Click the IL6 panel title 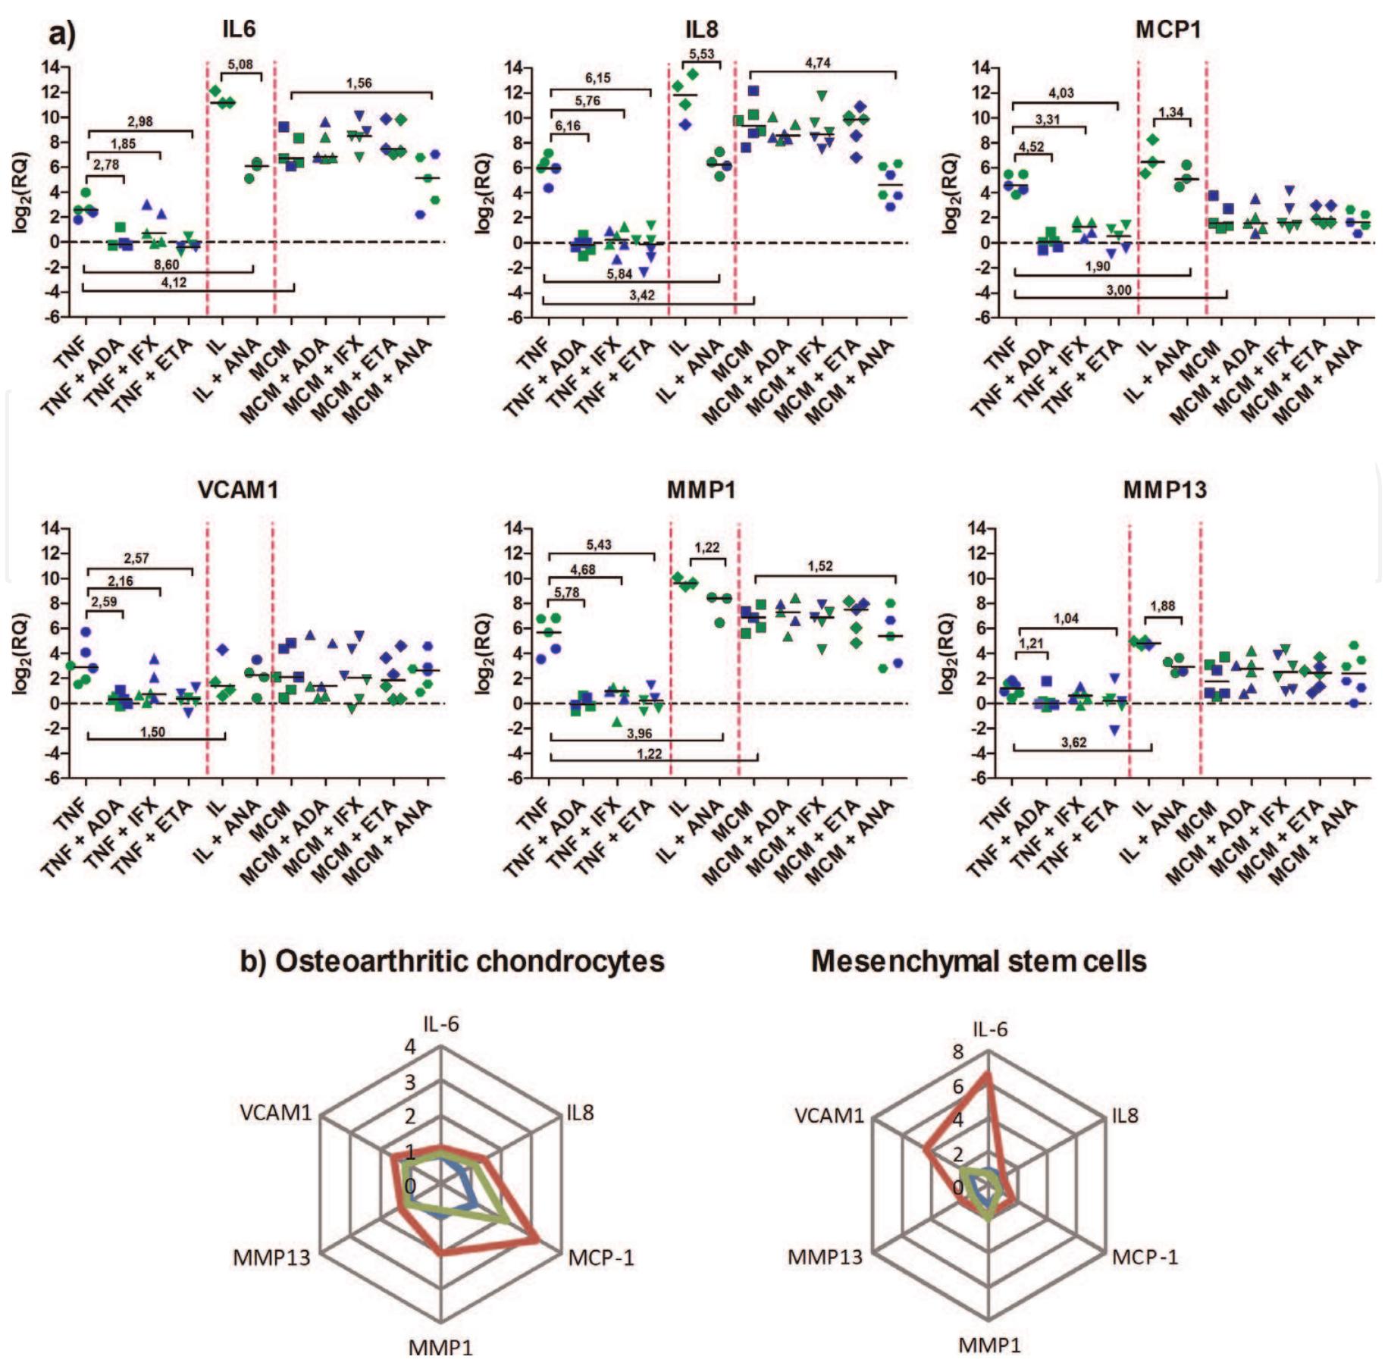tap(239, 29)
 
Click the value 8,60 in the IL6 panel tap(166, 265)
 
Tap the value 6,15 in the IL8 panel tap(597, 78)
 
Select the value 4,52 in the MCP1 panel tap(1032, 147)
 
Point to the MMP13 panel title tap(1164, 490)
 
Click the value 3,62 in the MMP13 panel tap(1073, 742)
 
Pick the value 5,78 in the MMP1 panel tap(566, 592)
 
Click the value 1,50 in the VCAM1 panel tap(152, 732)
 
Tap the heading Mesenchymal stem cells tap(978, 961)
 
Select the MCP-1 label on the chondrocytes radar tap(601, 1258)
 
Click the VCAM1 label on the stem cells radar tap(829, 1115)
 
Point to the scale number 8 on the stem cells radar tap(958, 1051)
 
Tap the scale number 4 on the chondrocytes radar tap(410, 1047)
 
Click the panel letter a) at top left tap(62, 34)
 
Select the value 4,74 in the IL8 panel tap(817, 64)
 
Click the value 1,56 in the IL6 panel tap(359, 83)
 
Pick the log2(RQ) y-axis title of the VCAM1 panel tap(21, 656)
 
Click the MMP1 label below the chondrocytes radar tap(440, 1347)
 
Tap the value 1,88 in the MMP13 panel tap(1162, 606)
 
